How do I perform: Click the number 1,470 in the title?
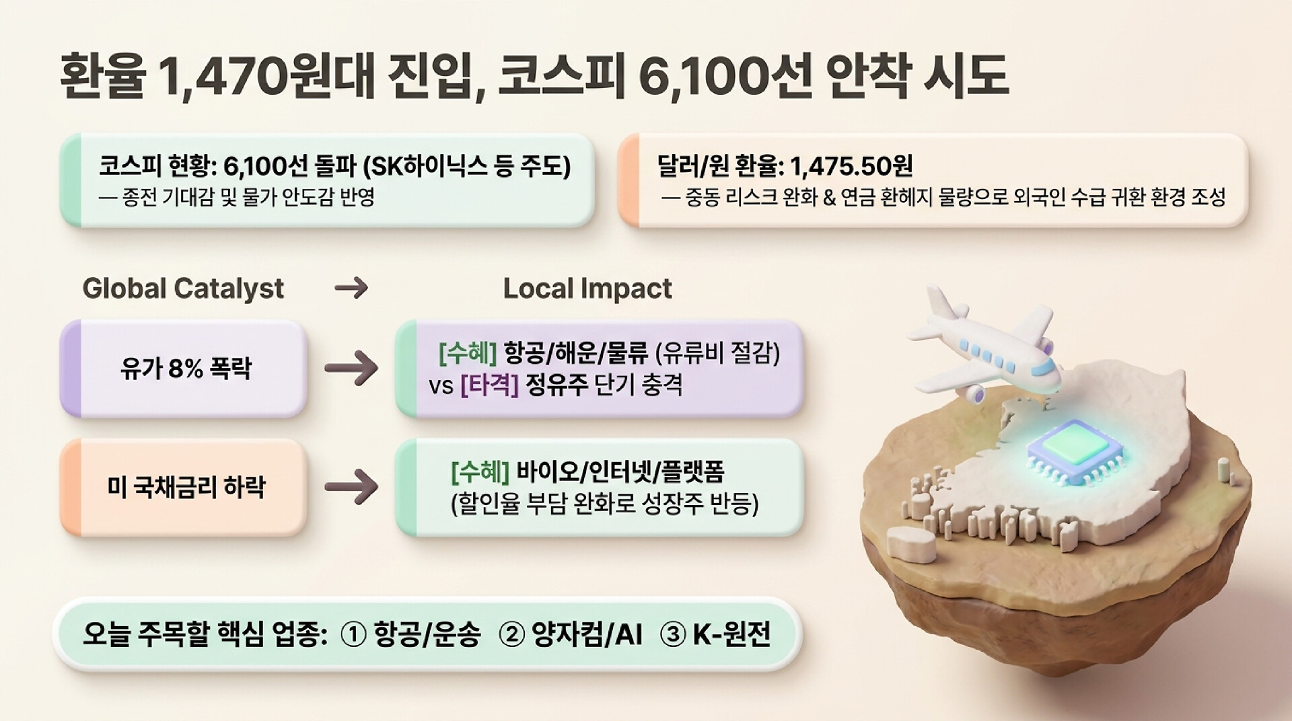[x=220, y=75]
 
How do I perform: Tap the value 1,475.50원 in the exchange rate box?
[x=851, y=165]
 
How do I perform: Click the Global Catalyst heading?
[x=183, y=289]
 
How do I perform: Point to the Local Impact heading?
[x=587, y=289]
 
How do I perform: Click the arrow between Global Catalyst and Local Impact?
[x=351, y=289]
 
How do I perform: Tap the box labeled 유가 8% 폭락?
[x=183, y=369]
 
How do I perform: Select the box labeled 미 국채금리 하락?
[x=183, y=487]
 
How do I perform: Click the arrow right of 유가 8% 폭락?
[x=351, y=369]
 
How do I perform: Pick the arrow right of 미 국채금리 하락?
[x=351, y=487]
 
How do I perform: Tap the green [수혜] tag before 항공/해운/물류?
[x=468, y=352]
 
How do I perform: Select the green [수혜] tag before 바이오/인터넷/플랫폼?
[x=480, y=472]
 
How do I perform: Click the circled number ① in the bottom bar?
[x=354, y=634]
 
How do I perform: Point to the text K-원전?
[x=731, y=634]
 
